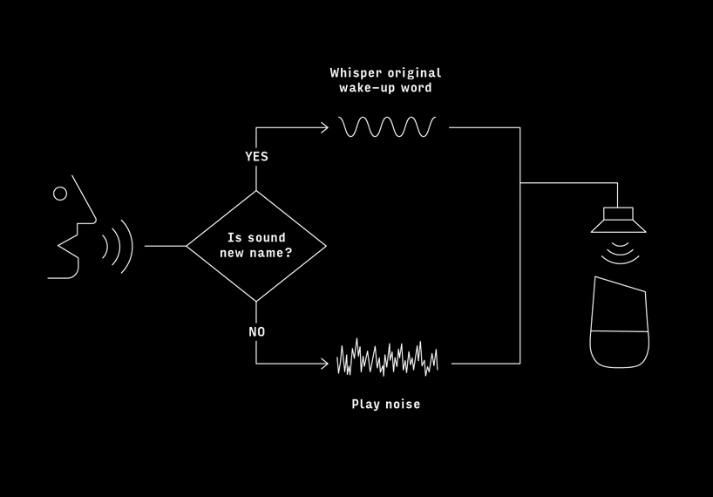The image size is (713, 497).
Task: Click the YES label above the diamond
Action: [x=256, y=156]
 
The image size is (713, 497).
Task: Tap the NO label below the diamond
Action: [x=256, y=332]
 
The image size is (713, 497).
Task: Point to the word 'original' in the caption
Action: [x=414, y=72]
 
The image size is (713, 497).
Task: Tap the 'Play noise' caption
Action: [x=385, y=405]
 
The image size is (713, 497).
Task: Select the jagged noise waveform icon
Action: [x=387, y=357]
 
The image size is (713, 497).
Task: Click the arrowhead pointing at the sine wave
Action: [x=324, y=128]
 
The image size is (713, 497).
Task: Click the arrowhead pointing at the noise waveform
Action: [x=324, y=364]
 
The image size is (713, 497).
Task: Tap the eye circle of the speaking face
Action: [x=60, y=194]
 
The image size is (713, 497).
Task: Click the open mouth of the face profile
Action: [x=68, y=246]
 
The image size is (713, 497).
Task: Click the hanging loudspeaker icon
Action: [x=618, y=220]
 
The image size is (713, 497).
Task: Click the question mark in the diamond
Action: [x=288, y=253]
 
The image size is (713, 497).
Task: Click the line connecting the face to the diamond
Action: [x=166, y=246]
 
